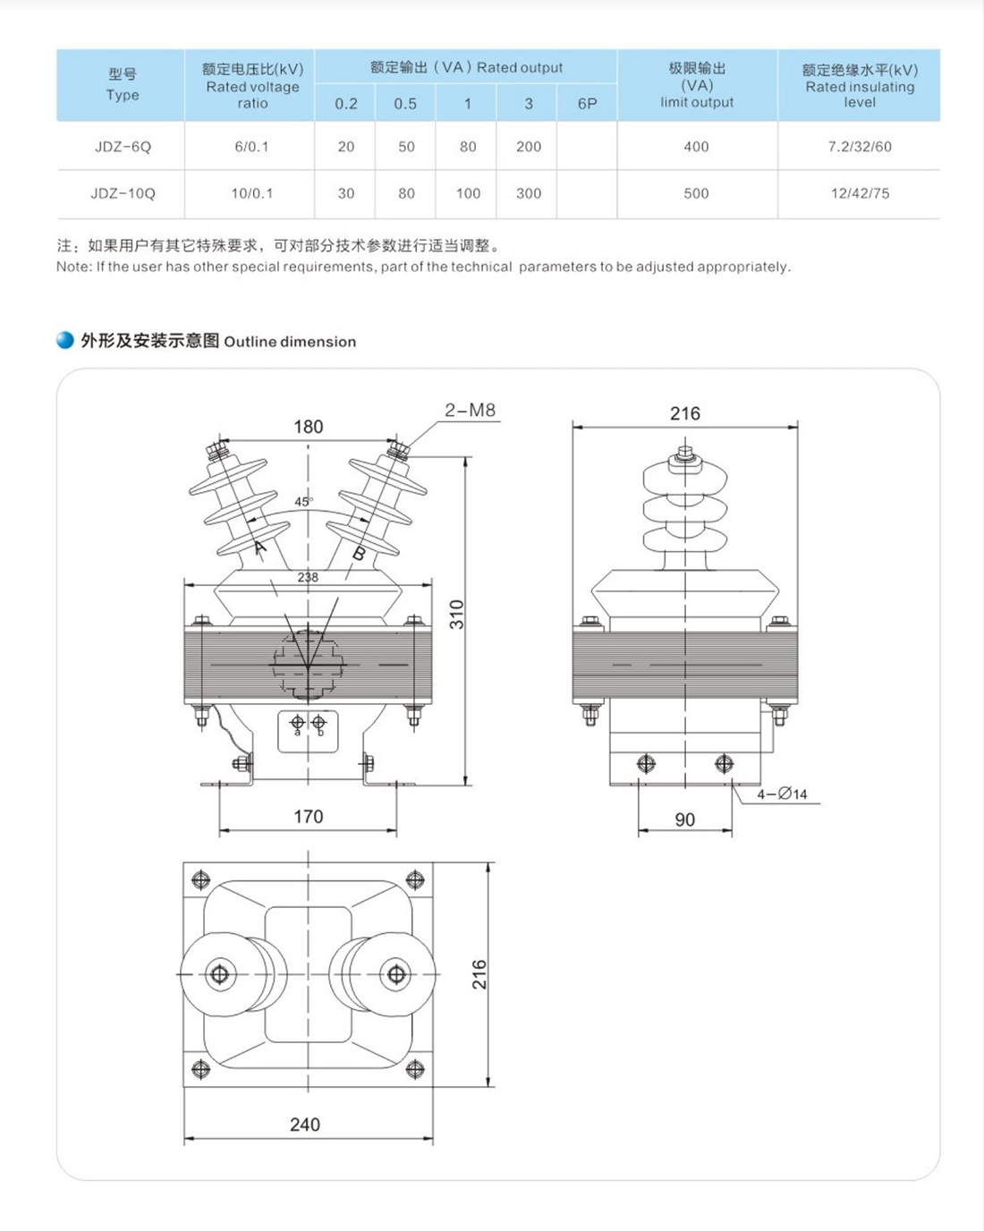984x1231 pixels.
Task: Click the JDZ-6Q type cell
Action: coord(123,147)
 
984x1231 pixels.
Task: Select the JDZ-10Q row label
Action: coord(123,193)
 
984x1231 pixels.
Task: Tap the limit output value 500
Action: coord(696,193)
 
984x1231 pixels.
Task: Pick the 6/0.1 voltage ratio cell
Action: coord(251,147)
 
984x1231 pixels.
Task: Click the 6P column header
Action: coord(587,104)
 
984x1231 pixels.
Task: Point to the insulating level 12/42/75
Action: coord(859,193)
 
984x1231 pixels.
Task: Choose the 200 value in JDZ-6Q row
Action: coord(528,147)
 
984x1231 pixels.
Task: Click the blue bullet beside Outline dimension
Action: coord(65,341)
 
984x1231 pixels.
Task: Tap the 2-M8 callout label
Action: coord(470,411)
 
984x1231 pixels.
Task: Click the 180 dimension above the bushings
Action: coord(308,427)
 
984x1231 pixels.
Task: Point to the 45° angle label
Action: coord(303,502)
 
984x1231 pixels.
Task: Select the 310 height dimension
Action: coord(457,615)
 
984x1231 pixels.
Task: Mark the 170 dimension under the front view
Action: coord(308,816)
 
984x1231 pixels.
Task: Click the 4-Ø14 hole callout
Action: coord(782,794)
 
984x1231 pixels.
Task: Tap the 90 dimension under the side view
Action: coord(684,819)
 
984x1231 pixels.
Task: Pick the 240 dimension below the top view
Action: coord(304,1125)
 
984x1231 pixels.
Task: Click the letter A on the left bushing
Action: coord(260,548)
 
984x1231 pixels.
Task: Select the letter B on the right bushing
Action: coord(359,554)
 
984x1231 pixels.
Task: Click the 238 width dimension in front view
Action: coord(308,577)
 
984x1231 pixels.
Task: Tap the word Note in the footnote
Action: coord(72,267)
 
